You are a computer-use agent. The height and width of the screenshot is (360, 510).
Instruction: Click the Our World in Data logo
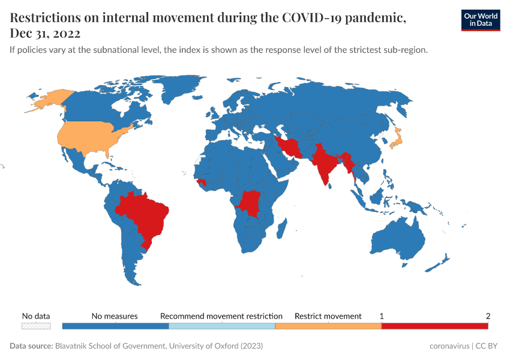tap(480, 20)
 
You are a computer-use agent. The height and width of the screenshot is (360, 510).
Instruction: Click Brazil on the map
tap(147, 213)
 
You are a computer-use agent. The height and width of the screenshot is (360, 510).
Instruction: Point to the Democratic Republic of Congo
tap(249, 203)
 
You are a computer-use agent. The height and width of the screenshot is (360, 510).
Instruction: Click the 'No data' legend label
tap(36, 316)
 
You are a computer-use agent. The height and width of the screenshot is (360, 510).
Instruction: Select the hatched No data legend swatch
tap(36, 326)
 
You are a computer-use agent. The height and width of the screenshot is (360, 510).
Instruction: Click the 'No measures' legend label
tap(115, 316)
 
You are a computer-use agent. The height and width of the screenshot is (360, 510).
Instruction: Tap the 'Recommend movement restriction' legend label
tap(221, 316)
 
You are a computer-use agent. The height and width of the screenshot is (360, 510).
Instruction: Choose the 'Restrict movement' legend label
tap(328, 316)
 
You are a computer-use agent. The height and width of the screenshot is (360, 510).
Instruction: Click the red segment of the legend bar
tap(434, 326)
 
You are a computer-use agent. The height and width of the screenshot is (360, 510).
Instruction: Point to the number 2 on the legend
tap(488, 316)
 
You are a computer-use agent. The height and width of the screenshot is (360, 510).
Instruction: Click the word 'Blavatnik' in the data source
tap(74, 346)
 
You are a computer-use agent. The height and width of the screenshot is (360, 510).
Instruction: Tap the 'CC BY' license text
tap(488, 346)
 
